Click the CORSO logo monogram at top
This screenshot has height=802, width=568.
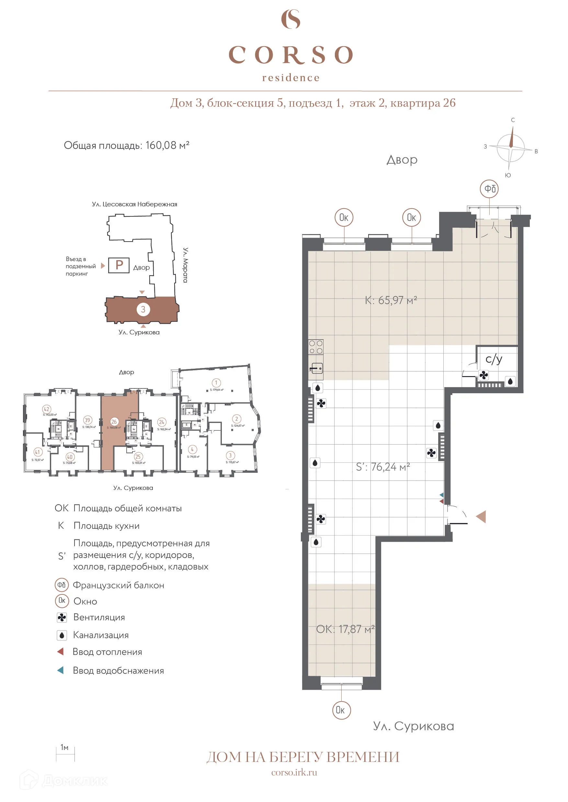pyautogui.click(x=291, y=19)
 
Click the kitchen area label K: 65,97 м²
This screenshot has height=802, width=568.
pyautogui.click(x=391, y=300)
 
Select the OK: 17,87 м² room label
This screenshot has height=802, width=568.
pyautogui.click(x=345, y=629)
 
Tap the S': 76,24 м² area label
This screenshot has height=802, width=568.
pyautogui.click(x=383, y=467)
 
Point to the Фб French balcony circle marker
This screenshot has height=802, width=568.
pyautogui.click(x=489, y=189)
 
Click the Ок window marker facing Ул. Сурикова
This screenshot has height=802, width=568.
pyautogui.click(x=341, y=710)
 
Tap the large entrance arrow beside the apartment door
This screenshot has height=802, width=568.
pyautogui.click(x=481, y=517)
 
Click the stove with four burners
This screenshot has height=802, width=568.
pyautogui.click(x=315, y=347)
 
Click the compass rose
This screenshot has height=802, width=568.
pyautogui.click(x=511, y=147)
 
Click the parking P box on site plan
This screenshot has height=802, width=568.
pyautogui.click(x=119, y=265)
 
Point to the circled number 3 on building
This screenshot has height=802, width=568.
pyautogui.click(x=143, y=309)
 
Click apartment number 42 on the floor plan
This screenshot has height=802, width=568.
pyautogui.click(x=47, y=409)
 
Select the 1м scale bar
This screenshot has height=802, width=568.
pyautogui.click(x=65, y=754)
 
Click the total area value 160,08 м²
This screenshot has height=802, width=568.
pyautogui.click(x=167, y=145)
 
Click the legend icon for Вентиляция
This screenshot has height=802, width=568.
pyautogui.click(x=62, y=618)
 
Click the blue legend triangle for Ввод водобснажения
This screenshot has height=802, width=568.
pyautogui.click(x=61, y=670)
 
